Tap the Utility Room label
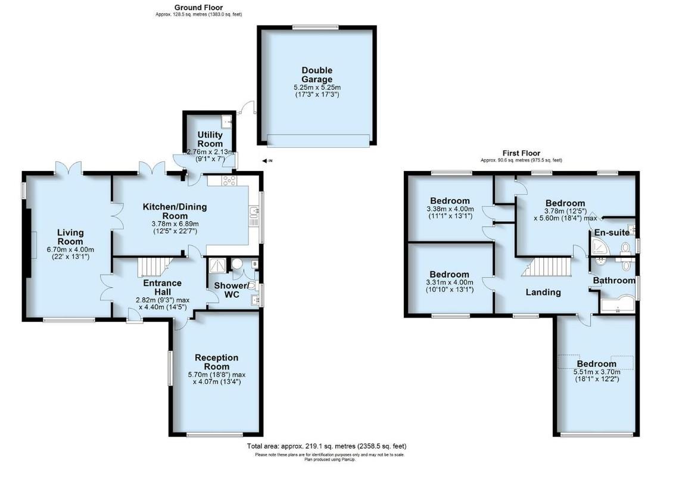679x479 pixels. (x=210, y=139)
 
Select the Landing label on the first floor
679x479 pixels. (x=543, y=292)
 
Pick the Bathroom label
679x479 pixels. (x=613, y=280)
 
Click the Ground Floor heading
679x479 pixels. (x=199, y=7)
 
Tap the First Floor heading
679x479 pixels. (x=521, y=154)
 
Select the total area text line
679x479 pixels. (x=326, y=446)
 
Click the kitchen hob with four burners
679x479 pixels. (x=229, y=181)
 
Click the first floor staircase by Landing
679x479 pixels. (x=544, y=266)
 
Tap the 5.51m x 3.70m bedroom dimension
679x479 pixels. (x=596, y=372)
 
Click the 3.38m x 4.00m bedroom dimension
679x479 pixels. (x=450, y=209)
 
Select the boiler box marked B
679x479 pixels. (x=255, y=263)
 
